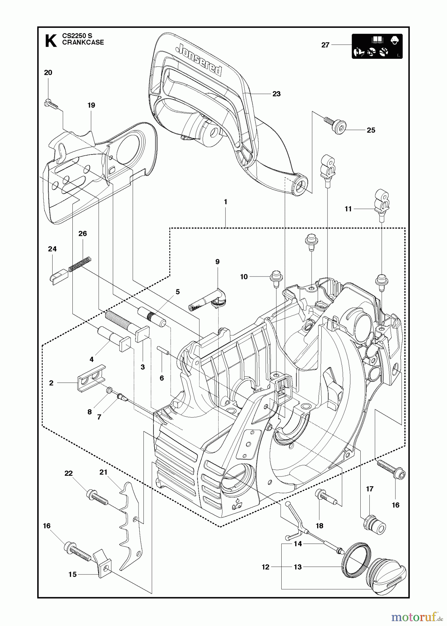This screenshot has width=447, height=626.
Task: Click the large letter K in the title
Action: pos(51,41)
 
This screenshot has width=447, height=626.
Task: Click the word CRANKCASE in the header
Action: pos(83,43)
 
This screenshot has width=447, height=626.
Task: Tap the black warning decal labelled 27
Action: pos(377,46)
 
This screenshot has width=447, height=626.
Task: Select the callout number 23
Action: pos(276,94)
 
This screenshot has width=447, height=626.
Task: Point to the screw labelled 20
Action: pos(51,104)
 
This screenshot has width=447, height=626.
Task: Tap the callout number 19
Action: pos(91,105)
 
